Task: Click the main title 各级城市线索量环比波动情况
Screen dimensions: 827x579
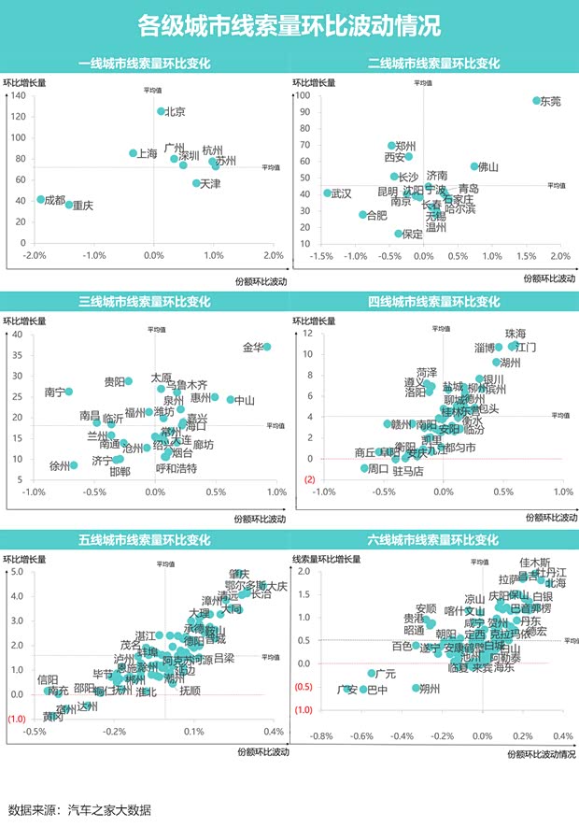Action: pos(289,25)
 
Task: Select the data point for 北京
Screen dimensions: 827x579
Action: pos(161,111)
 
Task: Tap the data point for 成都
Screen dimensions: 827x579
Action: pos(41,199)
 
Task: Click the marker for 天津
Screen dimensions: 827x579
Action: pos(196,183)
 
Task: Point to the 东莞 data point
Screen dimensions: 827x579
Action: pos(536,101)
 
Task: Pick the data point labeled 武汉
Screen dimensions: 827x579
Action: pos(327,193)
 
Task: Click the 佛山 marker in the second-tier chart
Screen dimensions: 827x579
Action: pos(474,166)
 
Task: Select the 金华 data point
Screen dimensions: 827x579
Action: pos(267,347)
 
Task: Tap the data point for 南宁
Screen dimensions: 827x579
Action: pos(68,392)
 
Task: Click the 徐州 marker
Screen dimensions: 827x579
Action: pos(74,465)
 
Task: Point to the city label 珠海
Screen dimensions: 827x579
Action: pos(515,334)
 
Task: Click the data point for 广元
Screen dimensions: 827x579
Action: pos(372,673)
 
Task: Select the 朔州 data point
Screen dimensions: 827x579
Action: pos(417,688)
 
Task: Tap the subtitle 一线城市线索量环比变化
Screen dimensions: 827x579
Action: pos(145,64)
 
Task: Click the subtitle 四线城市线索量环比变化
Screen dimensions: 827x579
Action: pos(434,302)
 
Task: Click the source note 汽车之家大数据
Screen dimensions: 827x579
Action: pos(109,809)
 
